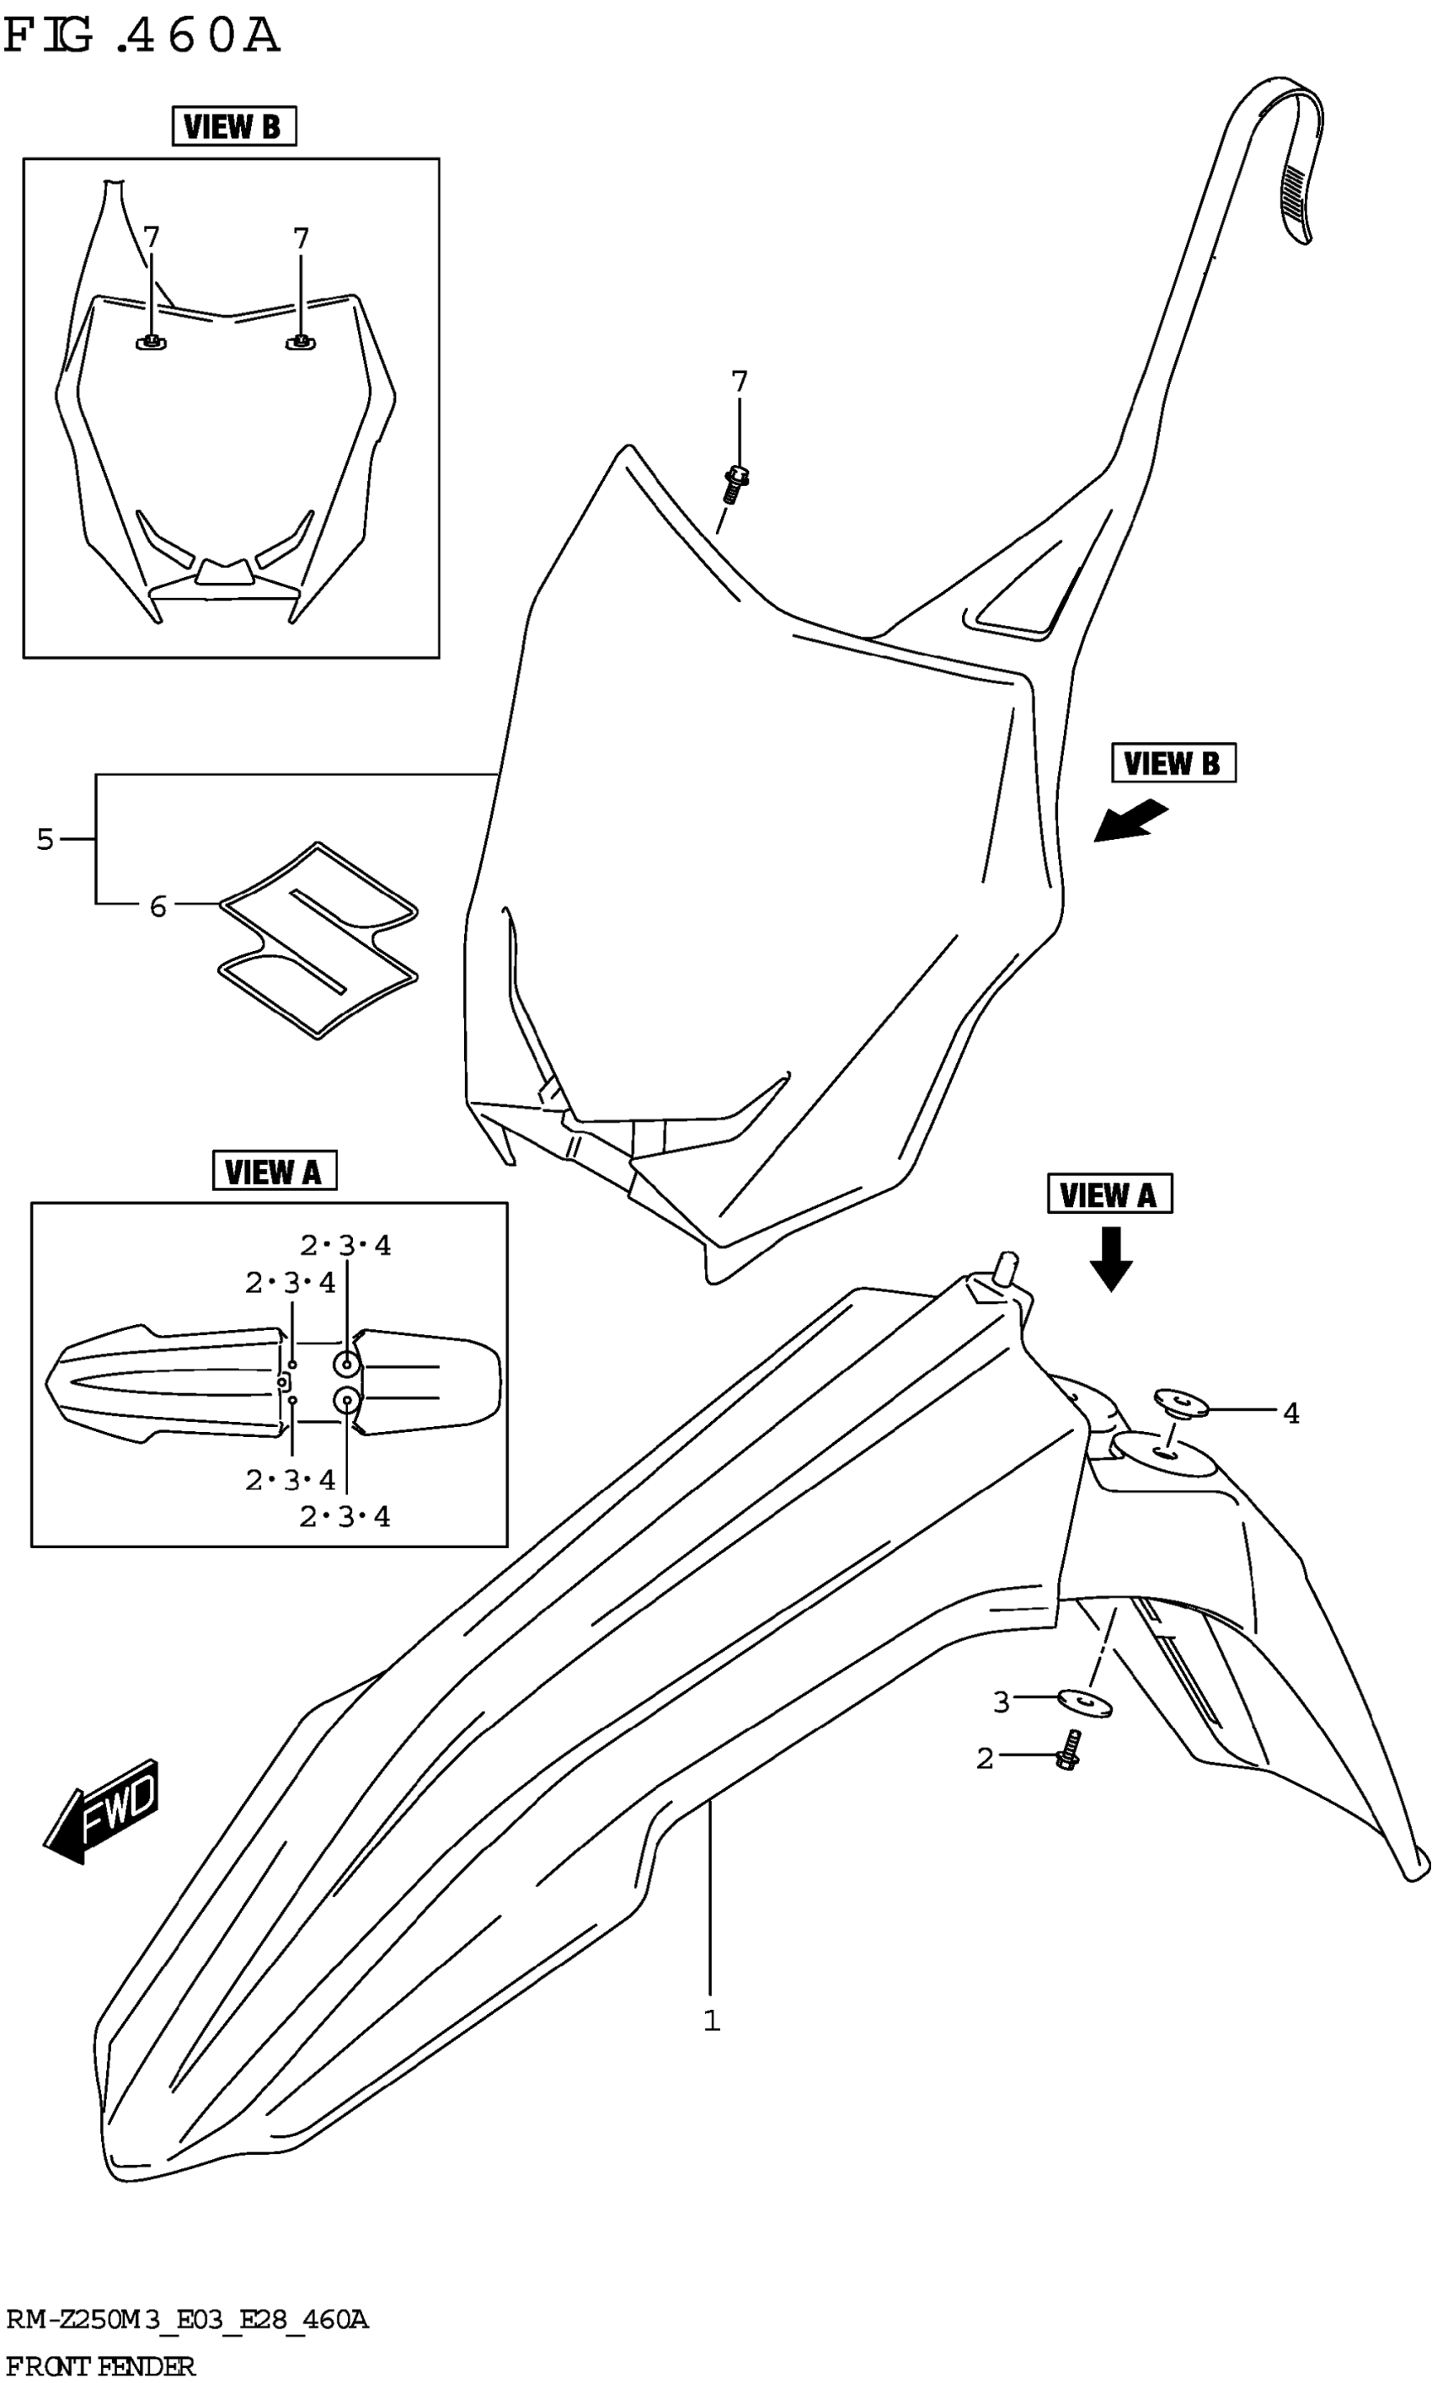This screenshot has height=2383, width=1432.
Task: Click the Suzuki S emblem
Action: [318, 940]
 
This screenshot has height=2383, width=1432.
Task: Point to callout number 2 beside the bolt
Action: [984, 1759]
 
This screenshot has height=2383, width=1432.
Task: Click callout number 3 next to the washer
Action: [1002, 1703]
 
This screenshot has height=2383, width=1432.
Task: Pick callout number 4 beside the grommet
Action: [1291, 1413]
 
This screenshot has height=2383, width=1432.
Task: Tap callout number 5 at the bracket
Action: [45, 839]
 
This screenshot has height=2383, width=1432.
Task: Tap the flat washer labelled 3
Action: [1086, 1704]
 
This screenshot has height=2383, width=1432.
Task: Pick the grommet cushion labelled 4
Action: [1180, 1402]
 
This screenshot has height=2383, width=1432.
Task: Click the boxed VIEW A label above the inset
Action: [273, 1171]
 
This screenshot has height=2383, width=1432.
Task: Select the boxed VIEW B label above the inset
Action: [233, 126]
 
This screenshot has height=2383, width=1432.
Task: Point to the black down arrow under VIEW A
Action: [1111, 1258]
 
